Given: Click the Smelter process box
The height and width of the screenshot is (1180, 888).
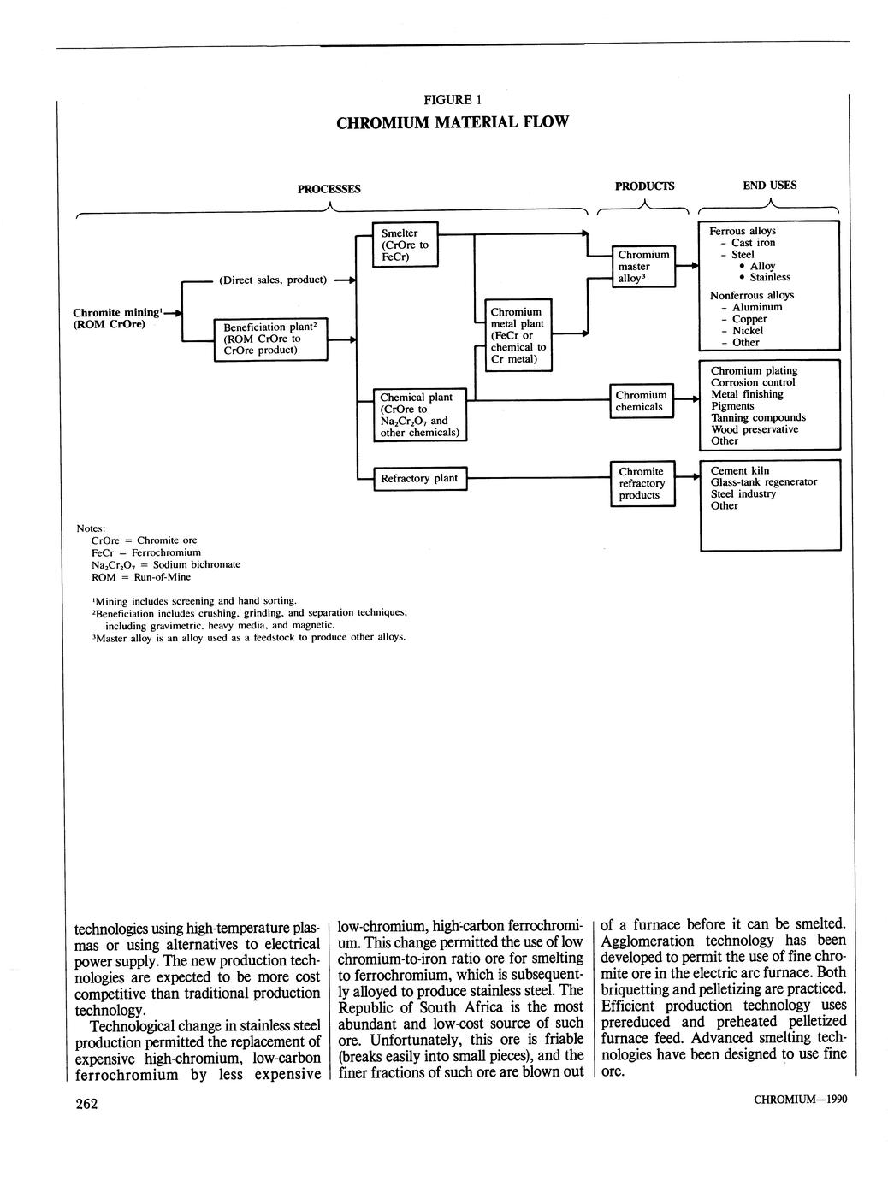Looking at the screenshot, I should (406, 245).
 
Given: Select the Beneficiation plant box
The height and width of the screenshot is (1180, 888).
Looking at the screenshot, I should (269, 339).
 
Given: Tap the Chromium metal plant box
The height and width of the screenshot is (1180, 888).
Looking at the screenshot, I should (518, 335).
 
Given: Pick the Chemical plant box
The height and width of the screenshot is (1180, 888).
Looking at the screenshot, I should (419, 415).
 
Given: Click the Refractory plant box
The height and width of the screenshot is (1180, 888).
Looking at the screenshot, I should (419, 478).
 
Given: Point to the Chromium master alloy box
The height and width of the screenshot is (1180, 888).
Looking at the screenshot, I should (643, 266).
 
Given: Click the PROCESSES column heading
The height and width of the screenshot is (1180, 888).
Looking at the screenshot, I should (329, 189).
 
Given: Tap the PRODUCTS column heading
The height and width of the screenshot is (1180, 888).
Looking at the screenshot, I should (644, 186).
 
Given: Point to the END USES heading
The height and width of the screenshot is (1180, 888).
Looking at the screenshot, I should (770, 185).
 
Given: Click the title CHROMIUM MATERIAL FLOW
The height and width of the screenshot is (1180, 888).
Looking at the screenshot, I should (452, 122).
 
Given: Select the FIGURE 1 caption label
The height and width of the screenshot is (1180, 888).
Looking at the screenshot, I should (452, 99).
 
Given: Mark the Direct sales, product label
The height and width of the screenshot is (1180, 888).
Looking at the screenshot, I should (273, 280).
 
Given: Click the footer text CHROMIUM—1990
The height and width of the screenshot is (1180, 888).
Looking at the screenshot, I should (800, 1100).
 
